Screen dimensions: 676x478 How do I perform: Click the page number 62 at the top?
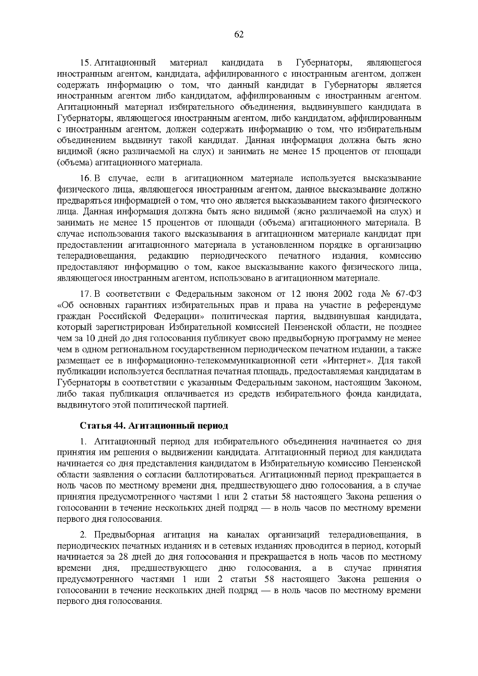tap(239, 35)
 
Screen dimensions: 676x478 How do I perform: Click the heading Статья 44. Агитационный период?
tap(154, 426)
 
